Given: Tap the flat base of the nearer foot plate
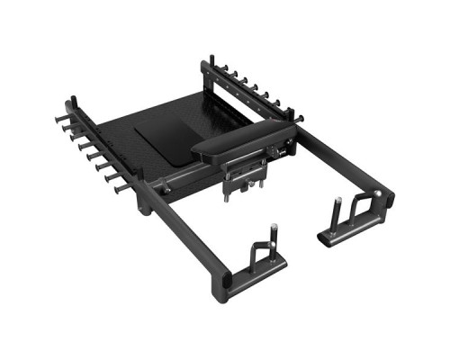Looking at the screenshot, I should (262, 265).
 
